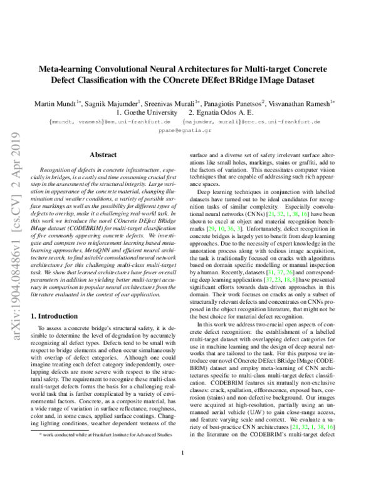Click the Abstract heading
coord(103,153)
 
